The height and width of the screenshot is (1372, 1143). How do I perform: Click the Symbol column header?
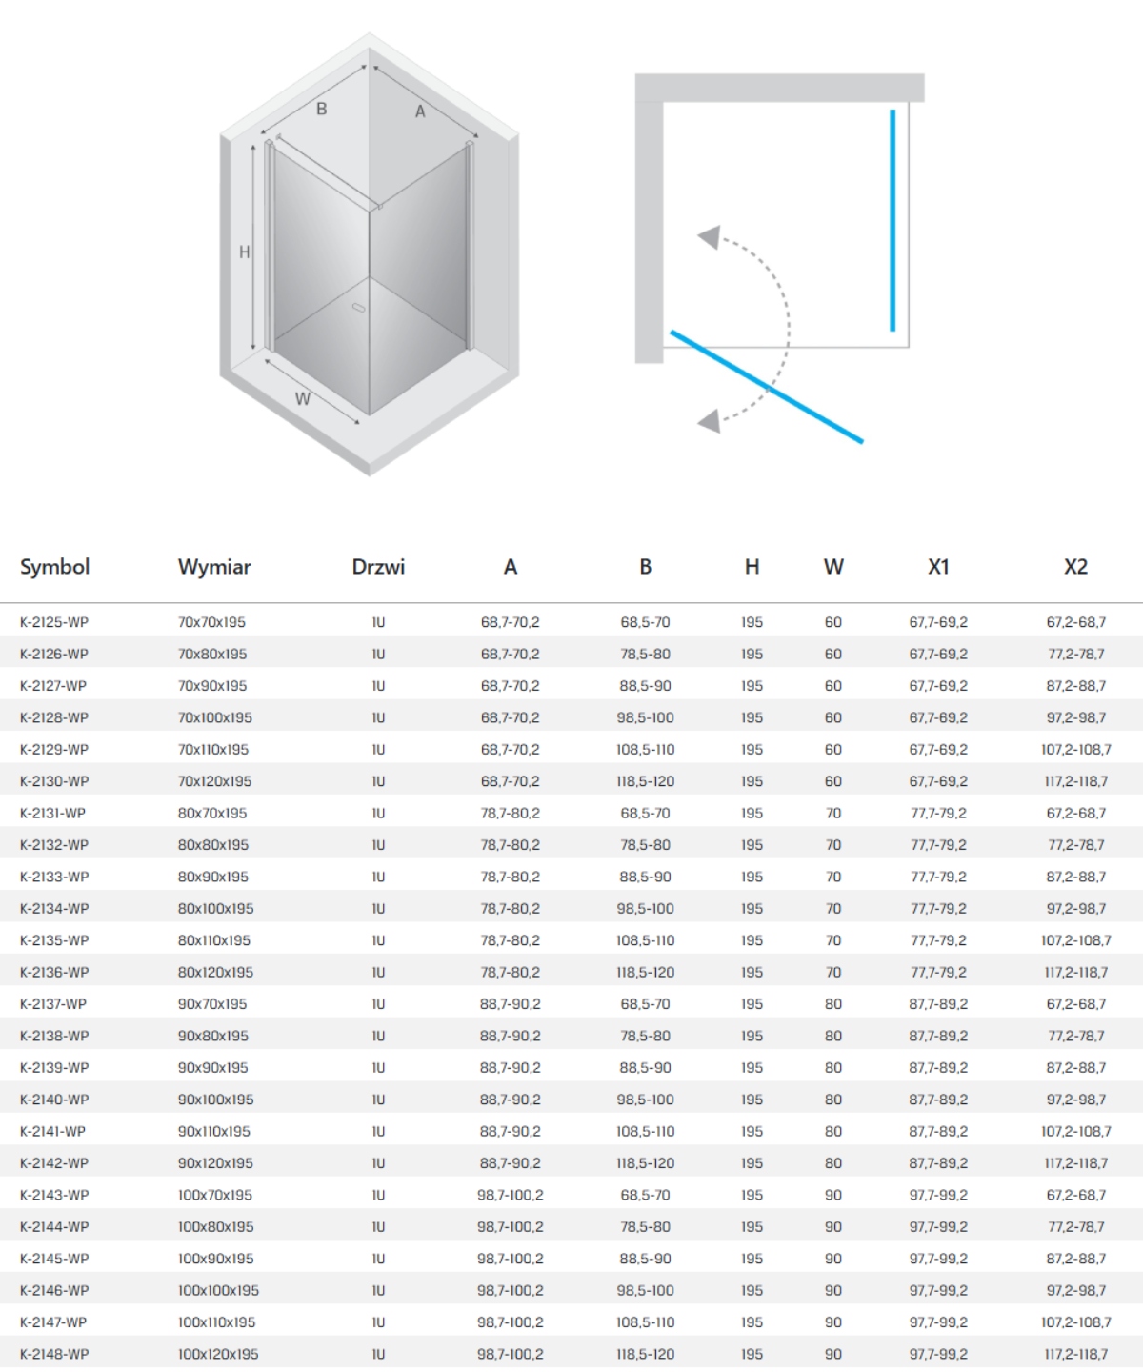54,567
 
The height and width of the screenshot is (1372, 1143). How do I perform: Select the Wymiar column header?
214,567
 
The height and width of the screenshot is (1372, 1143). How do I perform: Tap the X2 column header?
1075,567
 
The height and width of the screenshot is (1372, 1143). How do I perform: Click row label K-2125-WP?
54,622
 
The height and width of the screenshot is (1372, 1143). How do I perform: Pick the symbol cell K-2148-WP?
54,1354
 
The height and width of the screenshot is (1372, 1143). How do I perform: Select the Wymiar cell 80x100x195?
215,909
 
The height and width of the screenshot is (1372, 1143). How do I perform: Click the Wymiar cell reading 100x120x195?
218,1354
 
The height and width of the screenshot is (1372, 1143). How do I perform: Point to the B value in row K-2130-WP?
645,781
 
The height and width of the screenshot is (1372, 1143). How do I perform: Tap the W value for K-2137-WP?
833,1004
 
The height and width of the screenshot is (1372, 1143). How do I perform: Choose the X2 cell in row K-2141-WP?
1075,1132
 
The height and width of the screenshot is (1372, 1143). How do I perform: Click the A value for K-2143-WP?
511,1195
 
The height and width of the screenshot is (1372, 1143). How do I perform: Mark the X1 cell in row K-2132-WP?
938,845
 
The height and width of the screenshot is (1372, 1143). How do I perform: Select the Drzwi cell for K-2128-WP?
378,717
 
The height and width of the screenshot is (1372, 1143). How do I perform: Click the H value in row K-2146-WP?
752,1290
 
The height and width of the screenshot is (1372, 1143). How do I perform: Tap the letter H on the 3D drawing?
245,252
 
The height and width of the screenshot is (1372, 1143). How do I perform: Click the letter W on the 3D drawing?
302,399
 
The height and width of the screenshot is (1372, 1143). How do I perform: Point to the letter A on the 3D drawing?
420,111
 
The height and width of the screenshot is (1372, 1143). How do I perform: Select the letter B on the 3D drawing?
322,109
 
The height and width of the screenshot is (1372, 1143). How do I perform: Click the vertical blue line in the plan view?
892,221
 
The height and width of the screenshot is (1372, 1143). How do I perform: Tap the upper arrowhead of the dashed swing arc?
709,236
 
